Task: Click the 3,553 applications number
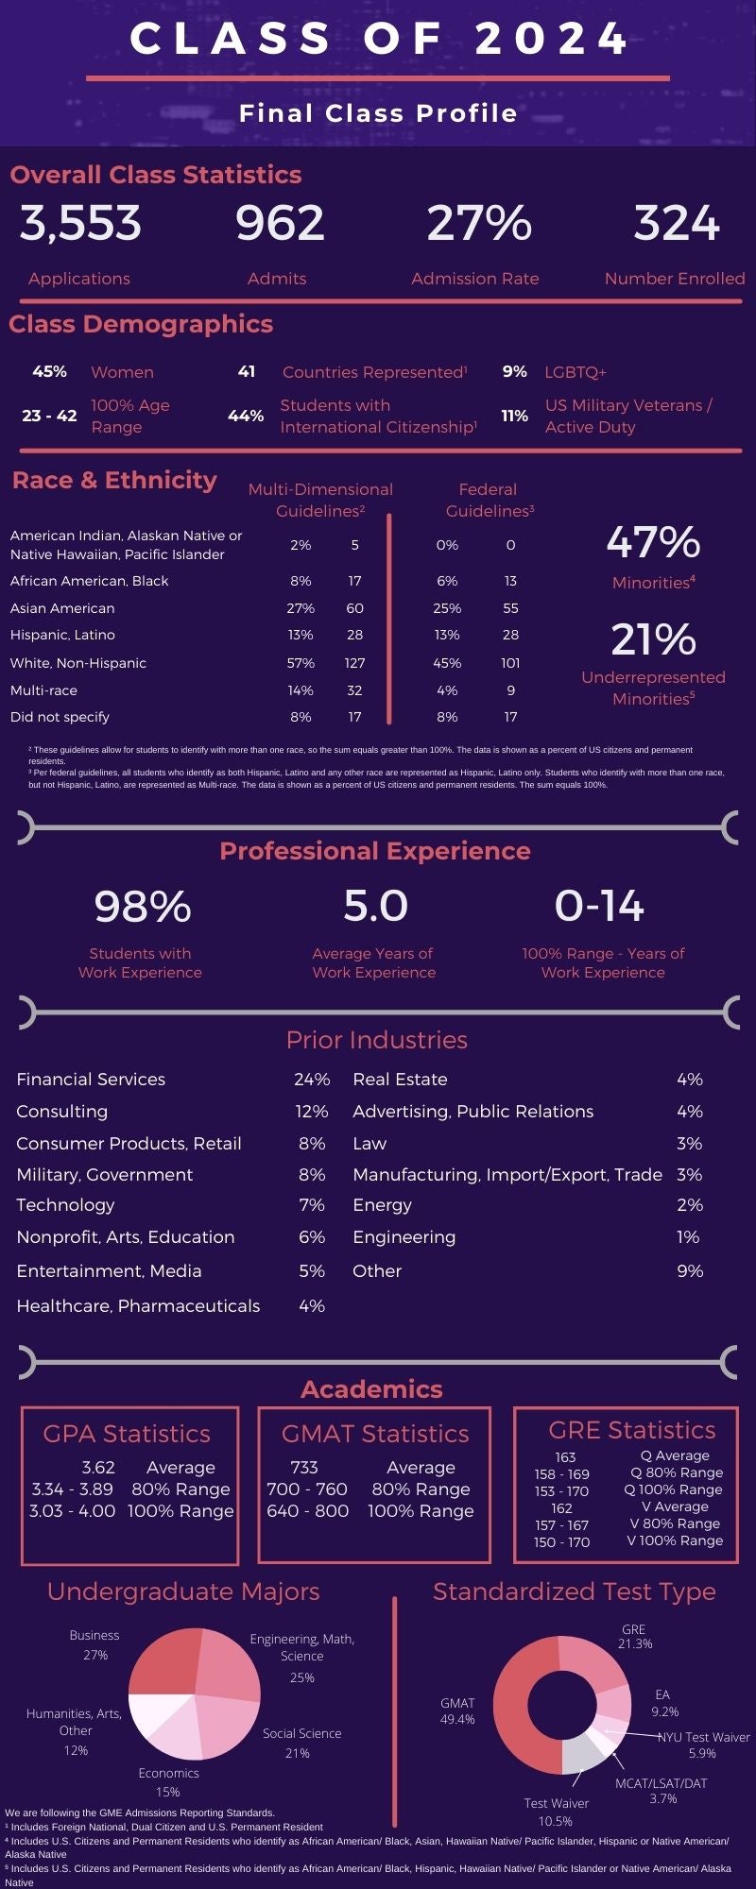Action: point(80,224)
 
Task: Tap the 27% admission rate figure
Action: point(479,224)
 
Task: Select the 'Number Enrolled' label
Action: point(674,279)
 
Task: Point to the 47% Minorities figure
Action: point(653,543)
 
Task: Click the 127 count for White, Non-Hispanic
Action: point(354,663)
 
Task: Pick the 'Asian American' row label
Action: point(62,608)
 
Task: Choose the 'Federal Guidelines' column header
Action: point(489,500)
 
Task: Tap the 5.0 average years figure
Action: point(375,907)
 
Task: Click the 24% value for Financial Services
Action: point(312,1080)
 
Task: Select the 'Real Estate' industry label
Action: point(400,1080)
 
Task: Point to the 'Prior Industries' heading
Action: point(376,1040)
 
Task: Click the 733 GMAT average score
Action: point(304,1468)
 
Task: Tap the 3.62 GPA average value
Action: point(98,1468)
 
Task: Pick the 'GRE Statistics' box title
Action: point(631,1430)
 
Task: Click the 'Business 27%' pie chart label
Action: point(94,1645)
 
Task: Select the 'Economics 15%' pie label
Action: point(168,1782)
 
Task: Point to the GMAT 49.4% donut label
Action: point(457,1711)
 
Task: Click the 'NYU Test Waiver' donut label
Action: point(703,1737)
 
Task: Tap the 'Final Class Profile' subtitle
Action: point(378,113)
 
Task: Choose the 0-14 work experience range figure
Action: point(599,907)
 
